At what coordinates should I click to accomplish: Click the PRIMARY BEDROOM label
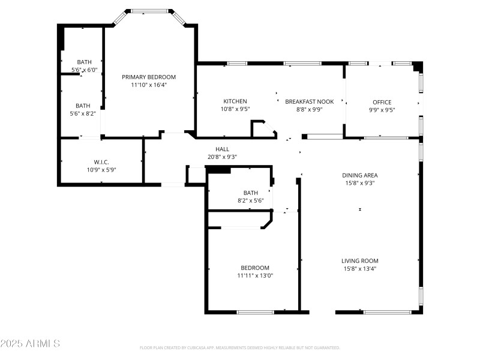click(149, 77)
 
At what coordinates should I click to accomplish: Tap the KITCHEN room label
click(235, 101)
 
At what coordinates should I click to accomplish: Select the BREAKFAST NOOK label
click(309, 101)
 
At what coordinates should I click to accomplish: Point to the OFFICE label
click(382, 102)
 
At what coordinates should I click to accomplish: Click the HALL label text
click(222, 149)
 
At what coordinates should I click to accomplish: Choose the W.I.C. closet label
click(100, 162)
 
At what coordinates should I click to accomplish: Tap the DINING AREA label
click(360, 175)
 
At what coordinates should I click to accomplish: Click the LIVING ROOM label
click(360, 260)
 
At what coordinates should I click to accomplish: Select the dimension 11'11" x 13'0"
click(255, 276)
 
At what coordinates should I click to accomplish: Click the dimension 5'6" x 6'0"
click(84, 70)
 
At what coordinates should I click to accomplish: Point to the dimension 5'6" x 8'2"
click(83, 113)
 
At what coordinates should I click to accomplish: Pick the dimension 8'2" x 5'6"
click(251, 200)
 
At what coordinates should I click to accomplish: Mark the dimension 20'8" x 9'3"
click(222, 157)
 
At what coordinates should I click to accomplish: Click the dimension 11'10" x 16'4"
click(149, 85)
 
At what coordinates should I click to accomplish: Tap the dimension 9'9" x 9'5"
click(382, 110)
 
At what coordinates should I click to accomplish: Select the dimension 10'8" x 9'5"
click(235, 109)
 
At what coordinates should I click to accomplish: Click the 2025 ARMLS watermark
click(30, 344)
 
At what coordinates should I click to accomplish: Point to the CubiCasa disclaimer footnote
click(240, 347)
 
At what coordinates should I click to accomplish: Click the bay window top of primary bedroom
click(149, 10)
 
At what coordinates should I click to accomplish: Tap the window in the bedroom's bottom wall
click(256, 312)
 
